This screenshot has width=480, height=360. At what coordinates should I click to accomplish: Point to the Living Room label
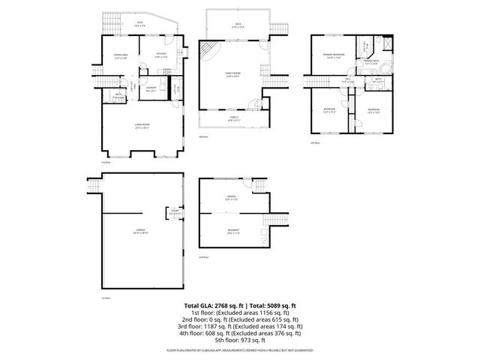pos(142,125)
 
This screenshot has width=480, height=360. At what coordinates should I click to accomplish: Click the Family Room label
pos(232,74)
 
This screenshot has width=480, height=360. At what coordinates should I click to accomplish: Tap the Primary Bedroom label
pos(333,56)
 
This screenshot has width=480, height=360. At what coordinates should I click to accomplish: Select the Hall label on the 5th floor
pos(349,79)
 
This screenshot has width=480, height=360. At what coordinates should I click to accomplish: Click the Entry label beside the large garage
pos(173,212)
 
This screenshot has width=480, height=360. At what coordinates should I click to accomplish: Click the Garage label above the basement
pos(232,199)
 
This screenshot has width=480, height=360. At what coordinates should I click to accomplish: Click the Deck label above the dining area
pos(139,24)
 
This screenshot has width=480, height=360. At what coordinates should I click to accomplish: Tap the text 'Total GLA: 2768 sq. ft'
pos(211,306)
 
